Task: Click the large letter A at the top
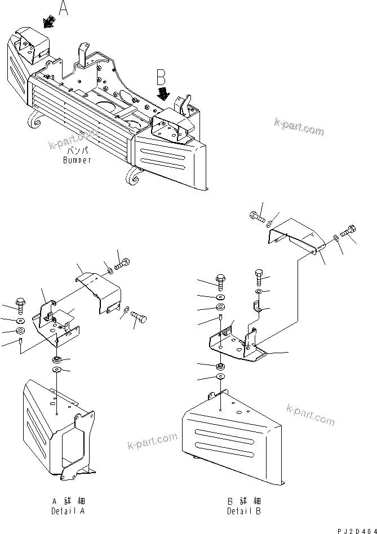coord(64,9)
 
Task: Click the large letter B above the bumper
coord(161,76)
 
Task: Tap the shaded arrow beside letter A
coord(49,21)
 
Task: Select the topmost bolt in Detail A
coord(122,262)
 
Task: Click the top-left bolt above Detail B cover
coord(257,216)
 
